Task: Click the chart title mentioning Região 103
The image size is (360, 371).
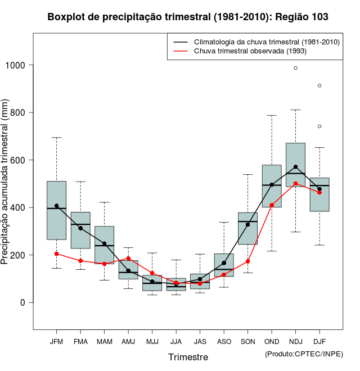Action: [188, 17]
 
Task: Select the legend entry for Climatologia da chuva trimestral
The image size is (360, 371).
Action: [266, 42]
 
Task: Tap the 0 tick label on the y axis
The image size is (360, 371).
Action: [23, 302]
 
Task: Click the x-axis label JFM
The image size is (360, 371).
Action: [56, 341]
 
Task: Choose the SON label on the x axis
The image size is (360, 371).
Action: [247, 341]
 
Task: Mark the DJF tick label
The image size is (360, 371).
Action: [319, 341]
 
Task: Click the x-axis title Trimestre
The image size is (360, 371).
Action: [188, 357]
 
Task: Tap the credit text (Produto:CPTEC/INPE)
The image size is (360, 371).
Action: [304, 354]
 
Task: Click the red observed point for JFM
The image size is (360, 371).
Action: [56, 254]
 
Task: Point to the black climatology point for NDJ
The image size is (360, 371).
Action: [295, 167]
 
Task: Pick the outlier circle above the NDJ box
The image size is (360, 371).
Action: [295, 68]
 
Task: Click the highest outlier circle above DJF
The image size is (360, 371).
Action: [319, 85]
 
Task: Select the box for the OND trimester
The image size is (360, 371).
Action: [272, 186]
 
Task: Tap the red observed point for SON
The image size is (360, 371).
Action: [247, 261]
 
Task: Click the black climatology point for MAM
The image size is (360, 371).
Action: [104, 243]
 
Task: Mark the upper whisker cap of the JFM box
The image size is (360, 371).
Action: [56, 138]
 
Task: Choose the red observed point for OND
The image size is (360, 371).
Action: [272, 205]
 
